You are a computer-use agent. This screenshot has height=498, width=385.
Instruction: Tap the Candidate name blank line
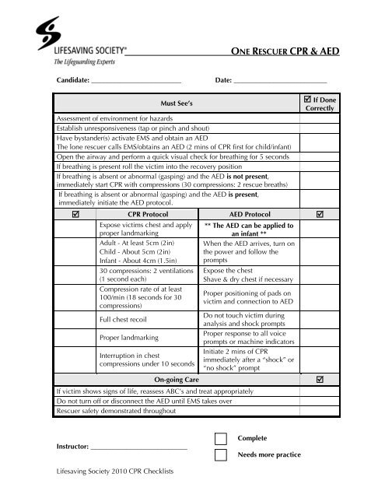point(136,82)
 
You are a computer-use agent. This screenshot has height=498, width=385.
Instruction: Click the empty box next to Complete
point(222,439)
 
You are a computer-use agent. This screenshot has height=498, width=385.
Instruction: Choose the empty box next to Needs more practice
point(222,455)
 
